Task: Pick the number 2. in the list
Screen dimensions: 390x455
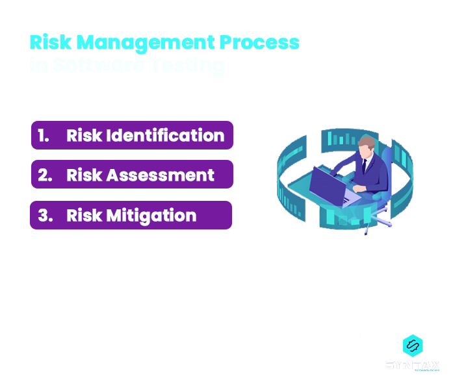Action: (x=45, y=175)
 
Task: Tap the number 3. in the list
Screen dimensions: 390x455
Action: (x=45, y=216)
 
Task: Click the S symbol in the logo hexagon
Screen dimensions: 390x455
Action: (x=410, y=344)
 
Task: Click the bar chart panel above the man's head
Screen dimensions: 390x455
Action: (x=343, y=138)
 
